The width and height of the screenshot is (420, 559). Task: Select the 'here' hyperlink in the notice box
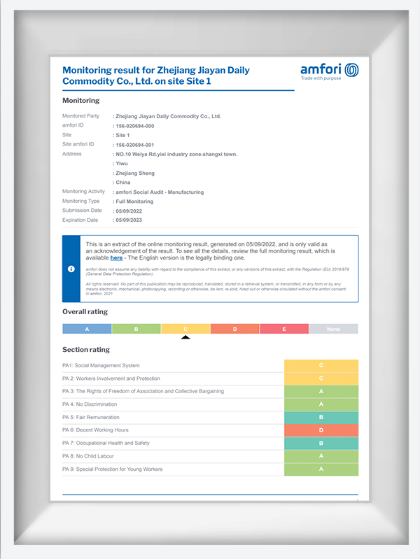pyautogui.click(x=117, y=258)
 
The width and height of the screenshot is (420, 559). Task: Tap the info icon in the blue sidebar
pyautogui.click(x=71, y=269)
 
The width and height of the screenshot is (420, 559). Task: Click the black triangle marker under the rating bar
pyautogui.click(x=185, y=337)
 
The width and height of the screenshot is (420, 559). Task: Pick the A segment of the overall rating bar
pyautogui.click(x=87, y=328)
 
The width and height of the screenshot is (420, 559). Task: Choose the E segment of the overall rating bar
pyautogui.click(x=283, y=328)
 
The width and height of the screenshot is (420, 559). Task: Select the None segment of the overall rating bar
pyautogui.click(x=332, y=328)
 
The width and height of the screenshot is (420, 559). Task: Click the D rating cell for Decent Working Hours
pyautogui.click(x=321, y=430)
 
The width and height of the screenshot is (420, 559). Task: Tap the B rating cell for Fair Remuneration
pyautogui.click(x=321, y=417)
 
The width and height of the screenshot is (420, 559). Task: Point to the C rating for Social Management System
pyautogui.click(x=321, y=365)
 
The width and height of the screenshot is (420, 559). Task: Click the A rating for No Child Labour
pyautogui.click(x=321, y=455)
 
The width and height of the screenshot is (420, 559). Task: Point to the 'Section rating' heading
pyautogui.click(x=86, y=349)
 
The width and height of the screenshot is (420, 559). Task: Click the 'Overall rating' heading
pyautogui.click(x=85, y=311)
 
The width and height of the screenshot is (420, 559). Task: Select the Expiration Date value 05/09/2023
pyautogui.click(x=132, y=220)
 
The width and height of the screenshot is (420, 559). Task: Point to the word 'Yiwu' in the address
pyautogui.click(x=122, y=163)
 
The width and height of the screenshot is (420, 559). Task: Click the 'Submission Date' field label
pyautogui.click(x=82, y=210)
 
